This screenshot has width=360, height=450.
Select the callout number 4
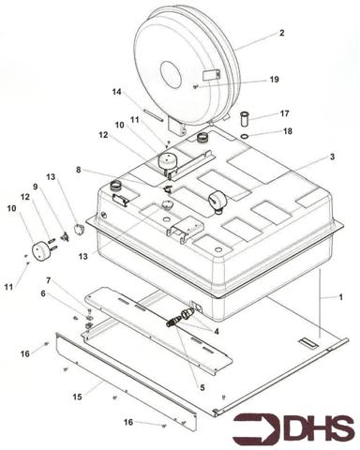[x=217, y=329]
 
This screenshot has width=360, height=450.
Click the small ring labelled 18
[x=245, y=134]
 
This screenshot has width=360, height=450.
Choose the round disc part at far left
[x=39, y=252]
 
